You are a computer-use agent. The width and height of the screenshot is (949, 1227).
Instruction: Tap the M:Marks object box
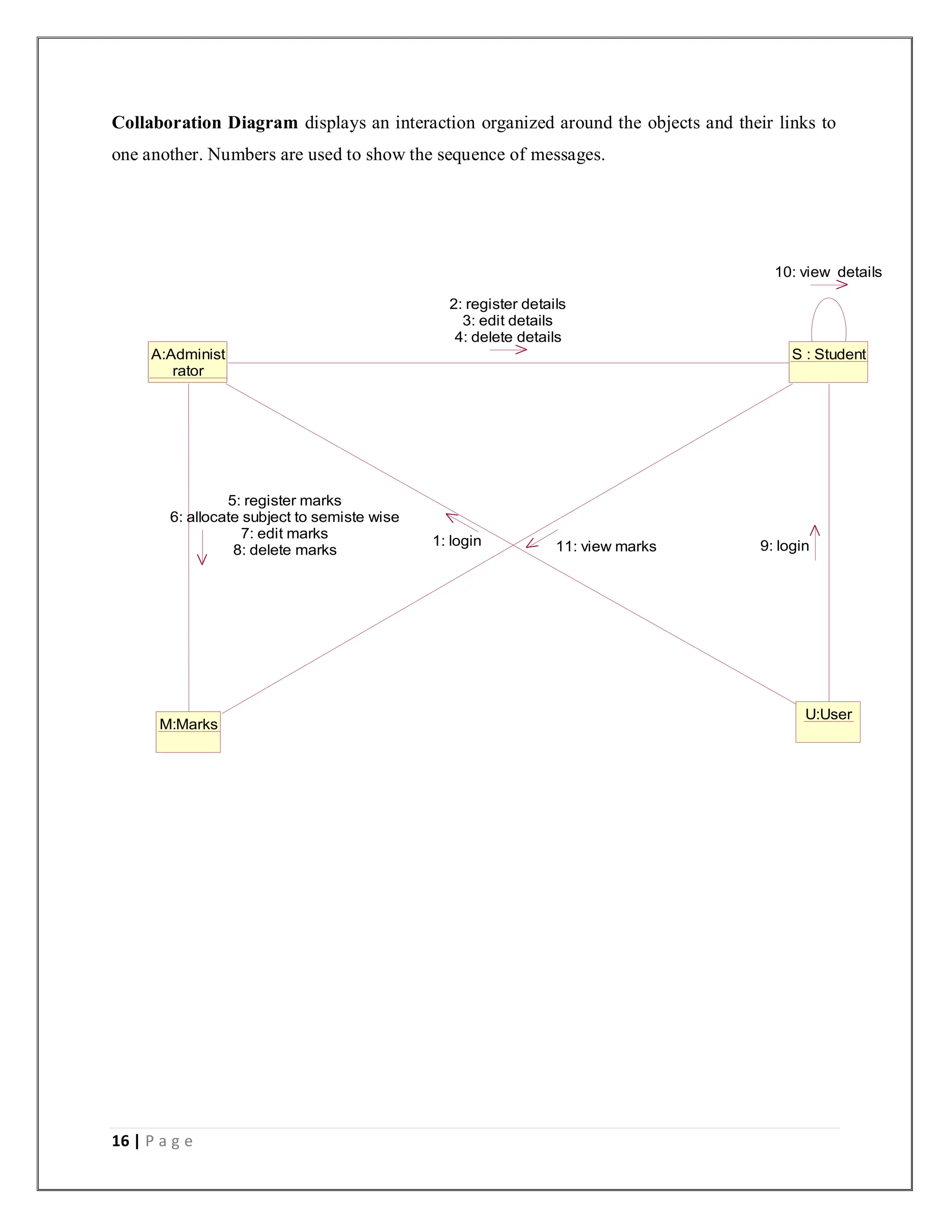pos(188,732)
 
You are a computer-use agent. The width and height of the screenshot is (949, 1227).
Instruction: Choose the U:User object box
pos(828,722)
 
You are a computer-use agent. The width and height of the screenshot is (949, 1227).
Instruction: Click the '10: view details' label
pos(828,272)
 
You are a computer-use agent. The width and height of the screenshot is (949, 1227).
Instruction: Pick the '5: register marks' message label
pos(285,501)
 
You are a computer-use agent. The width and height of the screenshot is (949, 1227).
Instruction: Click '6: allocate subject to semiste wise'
pos(285,517)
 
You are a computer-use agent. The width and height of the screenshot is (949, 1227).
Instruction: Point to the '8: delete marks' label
pos(285,550)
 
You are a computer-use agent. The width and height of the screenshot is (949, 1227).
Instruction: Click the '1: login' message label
pos(457,540)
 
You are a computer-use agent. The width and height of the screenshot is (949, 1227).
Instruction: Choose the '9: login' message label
pos(785,545)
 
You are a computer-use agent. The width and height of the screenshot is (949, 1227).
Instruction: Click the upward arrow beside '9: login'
pos(815,542)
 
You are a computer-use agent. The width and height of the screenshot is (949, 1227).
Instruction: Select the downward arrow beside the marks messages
pos(202,547)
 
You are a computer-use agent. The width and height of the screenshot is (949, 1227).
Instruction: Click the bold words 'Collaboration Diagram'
pos(205,123)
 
